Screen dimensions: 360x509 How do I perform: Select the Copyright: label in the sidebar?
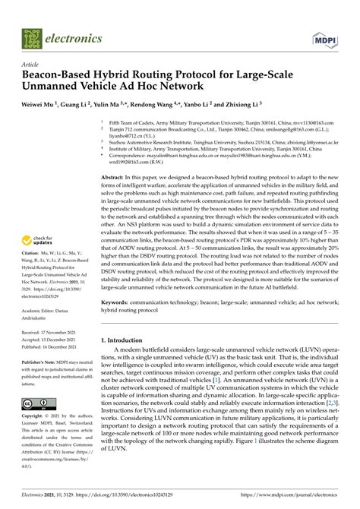point(34,417)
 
